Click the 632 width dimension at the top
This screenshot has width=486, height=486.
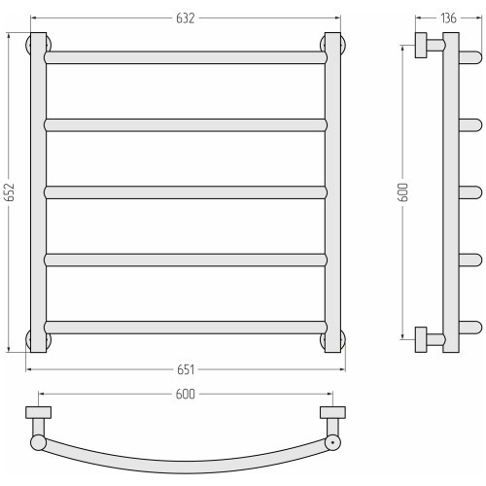tap(186, 18)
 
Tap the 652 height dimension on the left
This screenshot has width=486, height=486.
tap(10, 192)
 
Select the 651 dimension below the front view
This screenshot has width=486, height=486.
tap(186, 369)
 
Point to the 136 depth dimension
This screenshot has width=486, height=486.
tap(448, 18)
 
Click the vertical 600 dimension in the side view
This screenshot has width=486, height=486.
tap(403, 192)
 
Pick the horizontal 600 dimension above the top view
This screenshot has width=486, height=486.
tap(186, 394)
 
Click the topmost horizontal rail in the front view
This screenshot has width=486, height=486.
tap(186, 57)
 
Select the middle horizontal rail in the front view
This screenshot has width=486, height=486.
tap(186, 192)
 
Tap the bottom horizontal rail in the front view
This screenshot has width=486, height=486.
tap(186, 328)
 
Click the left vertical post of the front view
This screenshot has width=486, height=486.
tap(38, 192)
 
